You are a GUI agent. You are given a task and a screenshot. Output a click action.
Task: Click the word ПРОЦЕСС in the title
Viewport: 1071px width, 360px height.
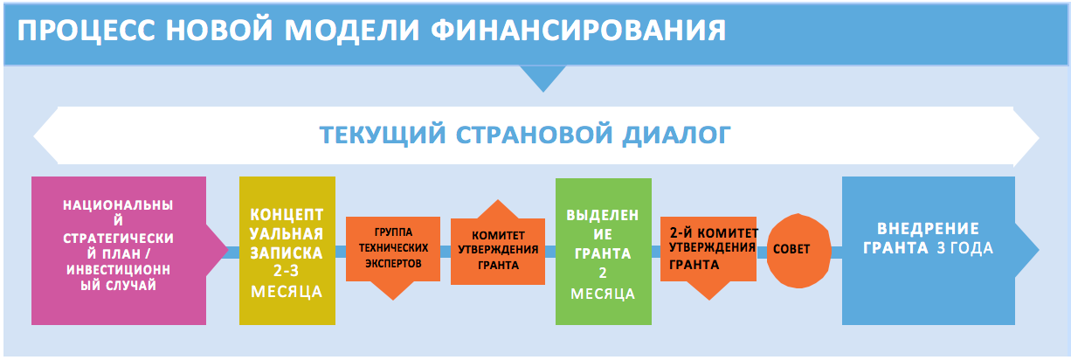[x=86, y=31]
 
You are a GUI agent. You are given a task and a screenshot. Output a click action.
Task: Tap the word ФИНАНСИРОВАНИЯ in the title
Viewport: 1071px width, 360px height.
[x=578, y=31]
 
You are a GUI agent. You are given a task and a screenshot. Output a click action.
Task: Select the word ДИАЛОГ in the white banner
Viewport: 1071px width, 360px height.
[x=676, y=135]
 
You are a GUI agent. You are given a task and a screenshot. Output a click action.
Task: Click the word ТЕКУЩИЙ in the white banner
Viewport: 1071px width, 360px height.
[x=383, y=135]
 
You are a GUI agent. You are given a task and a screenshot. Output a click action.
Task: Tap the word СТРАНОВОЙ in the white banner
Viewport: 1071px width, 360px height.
[x=534, y=135]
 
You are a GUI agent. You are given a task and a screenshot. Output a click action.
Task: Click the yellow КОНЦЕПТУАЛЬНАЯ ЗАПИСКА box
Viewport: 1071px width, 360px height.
[x=287, y=251]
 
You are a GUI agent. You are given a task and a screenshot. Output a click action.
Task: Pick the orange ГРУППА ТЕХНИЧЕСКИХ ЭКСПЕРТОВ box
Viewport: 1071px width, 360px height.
[x=393, y=253]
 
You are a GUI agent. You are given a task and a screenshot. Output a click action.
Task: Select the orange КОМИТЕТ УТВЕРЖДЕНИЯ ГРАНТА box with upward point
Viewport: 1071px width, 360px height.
[x=498, y=246]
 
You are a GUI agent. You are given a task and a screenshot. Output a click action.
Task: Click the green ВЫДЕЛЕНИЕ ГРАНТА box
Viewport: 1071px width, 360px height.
[x=604, y=252]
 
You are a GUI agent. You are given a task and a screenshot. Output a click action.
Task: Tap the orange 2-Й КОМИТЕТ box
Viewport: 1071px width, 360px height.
[x=708, y=253]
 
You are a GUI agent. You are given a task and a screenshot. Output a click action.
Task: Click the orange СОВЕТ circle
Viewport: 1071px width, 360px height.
[x=798, y=251]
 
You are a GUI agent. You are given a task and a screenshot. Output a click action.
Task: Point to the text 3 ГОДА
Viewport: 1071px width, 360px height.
[x=964, y=248]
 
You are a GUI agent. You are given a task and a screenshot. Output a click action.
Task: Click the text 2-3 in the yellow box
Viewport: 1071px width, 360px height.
[x=286, y=271]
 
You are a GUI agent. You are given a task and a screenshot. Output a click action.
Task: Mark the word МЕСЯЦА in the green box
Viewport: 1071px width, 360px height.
[x=603, y=294]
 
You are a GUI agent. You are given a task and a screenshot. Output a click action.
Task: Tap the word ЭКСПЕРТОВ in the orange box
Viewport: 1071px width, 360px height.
[x=393, y=263]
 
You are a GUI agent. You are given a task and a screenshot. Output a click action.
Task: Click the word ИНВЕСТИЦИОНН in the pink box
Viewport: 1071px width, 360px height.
[x=118, y=270]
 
